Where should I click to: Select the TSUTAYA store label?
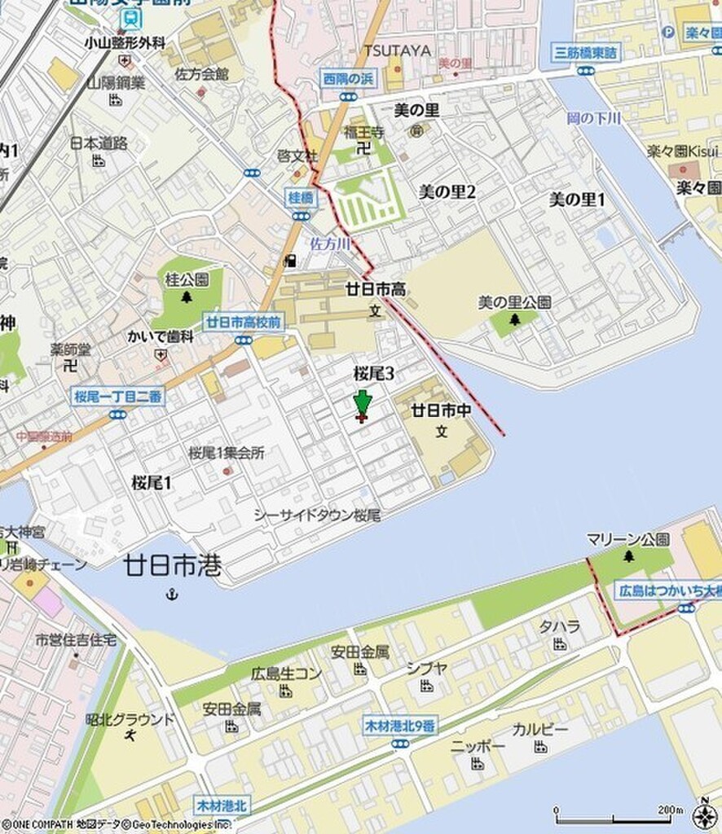[x=397, y=50]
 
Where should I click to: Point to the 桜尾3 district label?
[x=374, y=373]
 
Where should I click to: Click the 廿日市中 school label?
[x=441, y=410]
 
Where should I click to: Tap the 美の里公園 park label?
[x=514, y=302]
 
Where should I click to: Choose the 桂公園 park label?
[x=187, y=279]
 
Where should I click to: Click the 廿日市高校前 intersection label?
[x=243, y=322]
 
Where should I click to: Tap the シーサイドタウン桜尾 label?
[x=317, y=516]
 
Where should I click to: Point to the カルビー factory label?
[x=540, y=729]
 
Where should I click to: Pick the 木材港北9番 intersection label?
[x=399, y=726]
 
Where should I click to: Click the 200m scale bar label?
[x=670, y=810]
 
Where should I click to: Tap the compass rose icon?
[x=705, y=814]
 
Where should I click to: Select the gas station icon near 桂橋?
[x=289, y=261]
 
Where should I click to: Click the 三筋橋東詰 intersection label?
[x=585, y=53]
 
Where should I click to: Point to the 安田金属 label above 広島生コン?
[x=359, y=652]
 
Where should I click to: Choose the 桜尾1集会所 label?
[x=227, y=453]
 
